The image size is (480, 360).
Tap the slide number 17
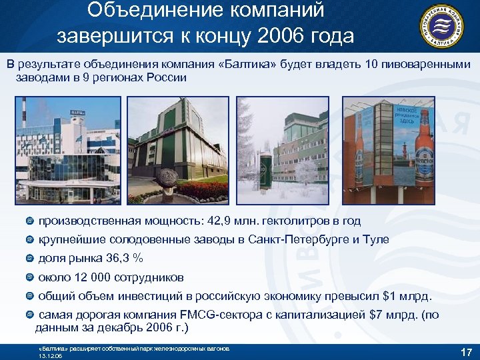[467, 351]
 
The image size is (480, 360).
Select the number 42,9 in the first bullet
[217, 221]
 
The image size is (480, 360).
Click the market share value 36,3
[118, 258]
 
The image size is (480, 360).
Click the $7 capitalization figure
[375, 314]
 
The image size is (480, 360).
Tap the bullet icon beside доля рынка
[30, 258]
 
